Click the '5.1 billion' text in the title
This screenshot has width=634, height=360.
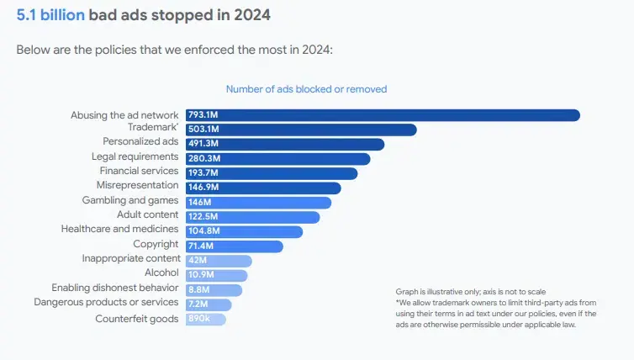[x=50, y=15]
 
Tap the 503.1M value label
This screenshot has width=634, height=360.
[x=203, y=130]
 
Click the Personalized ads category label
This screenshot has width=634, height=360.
[x=140, y=141]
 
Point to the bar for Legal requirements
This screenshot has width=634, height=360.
[x=277, y=159]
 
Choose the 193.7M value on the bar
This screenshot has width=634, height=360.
[x=203, y=173]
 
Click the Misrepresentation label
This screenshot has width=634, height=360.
[x=137, y=185]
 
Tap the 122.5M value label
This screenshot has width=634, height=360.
[x=203, y=217]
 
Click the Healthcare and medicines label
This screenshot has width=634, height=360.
[x=119, y=229]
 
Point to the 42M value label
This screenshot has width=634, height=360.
[x=198, y=261]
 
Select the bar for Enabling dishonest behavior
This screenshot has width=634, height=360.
[x=214, y=290]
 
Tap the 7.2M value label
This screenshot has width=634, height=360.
[x=198, y=304]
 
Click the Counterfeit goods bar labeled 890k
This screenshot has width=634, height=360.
[x=205, y=319]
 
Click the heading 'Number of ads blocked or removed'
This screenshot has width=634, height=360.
[x=306, y=89]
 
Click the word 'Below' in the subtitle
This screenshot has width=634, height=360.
[x=31, y=50]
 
